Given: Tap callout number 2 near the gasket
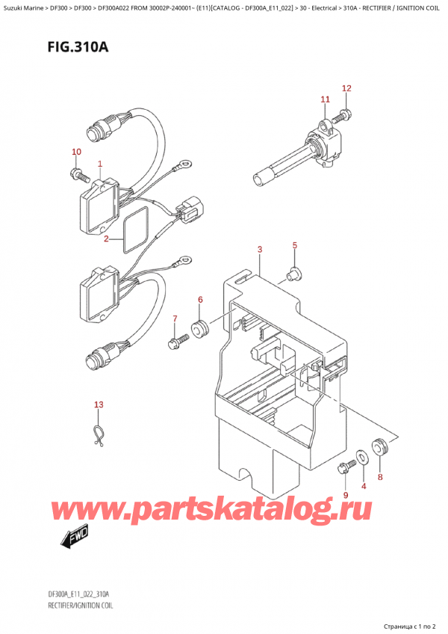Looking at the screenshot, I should coord(107,239).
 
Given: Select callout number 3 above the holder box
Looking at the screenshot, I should coord(259,249).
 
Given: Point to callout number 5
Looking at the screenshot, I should coord(294,245).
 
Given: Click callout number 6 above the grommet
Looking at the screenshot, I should coord(199,301).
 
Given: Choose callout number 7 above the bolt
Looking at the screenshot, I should coord(175,319).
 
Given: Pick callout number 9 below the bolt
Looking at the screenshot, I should coord(346,495).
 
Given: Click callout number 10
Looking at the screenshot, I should coord(75,153).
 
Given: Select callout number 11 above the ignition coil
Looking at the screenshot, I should coord(324,99).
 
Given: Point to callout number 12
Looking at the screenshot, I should coord(346,89).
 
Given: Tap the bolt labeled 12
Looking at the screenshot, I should coord(344,115).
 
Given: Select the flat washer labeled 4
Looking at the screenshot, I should coord(362,455).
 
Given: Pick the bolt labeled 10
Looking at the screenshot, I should coord(79,176).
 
